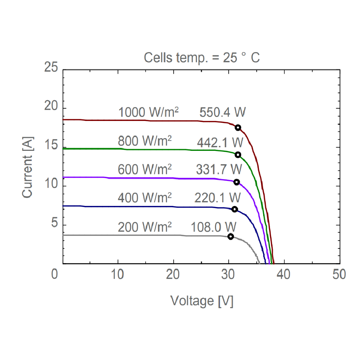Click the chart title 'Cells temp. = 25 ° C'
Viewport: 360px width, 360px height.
click(x=202, y=58)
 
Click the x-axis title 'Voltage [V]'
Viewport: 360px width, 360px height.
click(x=202, y=301)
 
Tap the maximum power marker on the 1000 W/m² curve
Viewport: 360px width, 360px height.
click(x=238, y=127)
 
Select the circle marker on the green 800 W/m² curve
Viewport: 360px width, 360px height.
click(x=238, y=154)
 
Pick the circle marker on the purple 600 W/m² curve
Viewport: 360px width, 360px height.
click(x=237, y=182)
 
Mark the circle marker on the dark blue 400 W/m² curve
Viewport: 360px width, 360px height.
click(x=234, y=209)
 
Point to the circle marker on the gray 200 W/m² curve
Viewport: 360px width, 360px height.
click(x=230, y=236)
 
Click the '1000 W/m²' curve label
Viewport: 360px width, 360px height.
click(x=149, y=113)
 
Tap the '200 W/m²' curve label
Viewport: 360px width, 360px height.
click(x=145, y=228)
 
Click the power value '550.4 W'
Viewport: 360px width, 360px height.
click(x=222, y=113)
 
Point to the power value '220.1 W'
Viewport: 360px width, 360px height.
click(x=217, y=198)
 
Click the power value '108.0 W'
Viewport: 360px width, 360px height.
click(x=214, y=227)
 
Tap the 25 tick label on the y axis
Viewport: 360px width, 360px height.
click(x=51, y=67)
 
